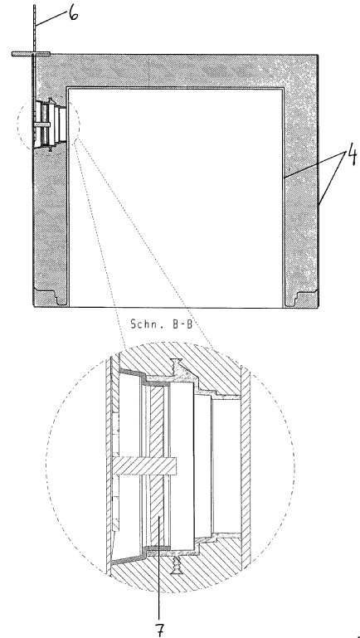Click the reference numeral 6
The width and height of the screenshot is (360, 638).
click(x=73, y=14)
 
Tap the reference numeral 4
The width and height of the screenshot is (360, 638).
click(x=352, y=156)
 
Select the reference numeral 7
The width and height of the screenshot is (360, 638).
click(x=160, y=629)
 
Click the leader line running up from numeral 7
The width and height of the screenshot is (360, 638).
click(x=159, y=567)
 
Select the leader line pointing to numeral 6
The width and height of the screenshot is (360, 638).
click(x=51, y=19)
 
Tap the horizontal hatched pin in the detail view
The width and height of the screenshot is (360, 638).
click(x=145, y=466)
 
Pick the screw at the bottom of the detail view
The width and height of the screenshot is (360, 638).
click(x=176, y=565)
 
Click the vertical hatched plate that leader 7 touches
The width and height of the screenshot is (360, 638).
click(x=157, y=466)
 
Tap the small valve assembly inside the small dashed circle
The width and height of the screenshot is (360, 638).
click(x=50, y=124)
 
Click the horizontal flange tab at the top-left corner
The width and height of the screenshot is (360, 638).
click(x=31, y=54)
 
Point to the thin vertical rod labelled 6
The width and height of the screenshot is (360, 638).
click(x=35, y=28)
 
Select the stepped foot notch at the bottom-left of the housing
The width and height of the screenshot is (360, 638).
click(x=51, y=297)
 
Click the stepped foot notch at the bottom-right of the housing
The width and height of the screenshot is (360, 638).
click(x=301, y=298)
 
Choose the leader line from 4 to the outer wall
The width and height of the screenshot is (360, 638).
click(x=333, y=178)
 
